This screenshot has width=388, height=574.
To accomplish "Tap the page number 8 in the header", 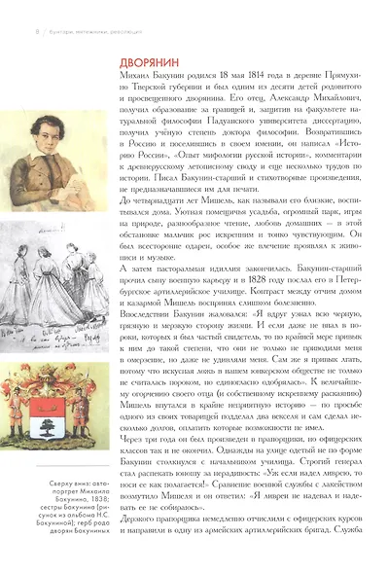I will (10, 9).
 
